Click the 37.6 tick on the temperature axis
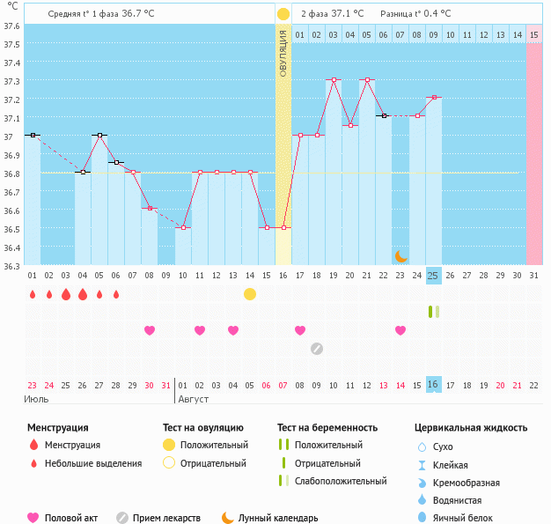[x=12, y=26]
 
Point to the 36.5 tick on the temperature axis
[x=12, y=229]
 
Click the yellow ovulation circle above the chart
[x=283, y=14]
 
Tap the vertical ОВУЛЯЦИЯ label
[x=283, y=53]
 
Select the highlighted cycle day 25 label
[x=433, y=276]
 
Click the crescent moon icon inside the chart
[x=400, y=255]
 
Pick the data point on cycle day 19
[x=334, y=79]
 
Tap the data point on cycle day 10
[x=183, y=227]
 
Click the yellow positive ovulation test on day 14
[x=250, y=293]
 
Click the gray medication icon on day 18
[x=317, y=348]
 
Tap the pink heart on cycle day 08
[x=150, y=330]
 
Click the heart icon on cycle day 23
[x=400, y=330]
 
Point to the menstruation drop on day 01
[x=33, y=294]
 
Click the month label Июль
[x=37, y=399]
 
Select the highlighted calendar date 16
[x=433, y=385]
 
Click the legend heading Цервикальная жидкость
[x=471, y=428]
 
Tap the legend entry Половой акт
[x=70, y=519]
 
